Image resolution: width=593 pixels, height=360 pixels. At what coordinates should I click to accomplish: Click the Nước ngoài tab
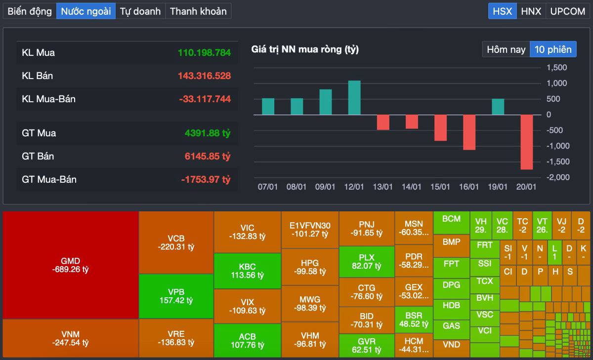coord(86,11)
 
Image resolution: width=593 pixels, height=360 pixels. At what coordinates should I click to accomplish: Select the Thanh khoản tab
coord(198,11)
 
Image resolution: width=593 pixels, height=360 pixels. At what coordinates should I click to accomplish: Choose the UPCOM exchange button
coord(567,11)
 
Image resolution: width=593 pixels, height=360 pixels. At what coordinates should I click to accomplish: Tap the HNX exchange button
coord(531,11)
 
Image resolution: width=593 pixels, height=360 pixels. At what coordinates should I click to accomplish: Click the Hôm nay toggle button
coord(506,49)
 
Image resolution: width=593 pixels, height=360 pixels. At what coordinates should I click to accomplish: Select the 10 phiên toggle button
coord(553,49)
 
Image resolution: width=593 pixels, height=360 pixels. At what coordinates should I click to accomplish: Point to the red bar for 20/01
coord(526,142)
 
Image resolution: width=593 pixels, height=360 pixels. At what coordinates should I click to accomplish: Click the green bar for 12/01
coord(354,98)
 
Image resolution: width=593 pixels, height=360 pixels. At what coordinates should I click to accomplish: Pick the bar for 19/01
coord(498,107)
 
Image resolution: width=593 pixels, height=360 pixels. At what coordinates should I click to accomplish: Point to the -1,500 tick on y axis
coord(557,161)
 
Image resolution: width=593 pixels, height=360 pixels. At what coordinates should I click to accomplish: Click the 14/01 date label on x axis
coord(412,187)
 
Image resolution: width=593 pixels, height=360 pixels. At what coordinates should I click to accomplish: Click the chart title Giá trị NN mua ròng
coord(305,49)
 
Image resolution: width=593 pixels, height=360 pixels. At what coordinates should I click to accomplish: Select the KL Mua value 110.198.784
coord(204,52)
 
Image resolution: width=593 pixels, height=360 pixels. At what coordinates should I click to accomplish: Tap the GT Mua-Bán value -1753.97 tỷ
coord(206,179)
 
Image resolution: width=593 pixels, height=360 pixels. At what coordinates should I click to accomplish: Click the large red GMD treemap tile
coord(71,265)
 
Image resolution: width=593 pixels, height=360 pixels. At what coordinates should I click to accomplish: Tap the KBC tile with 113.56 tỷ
coord(247,271)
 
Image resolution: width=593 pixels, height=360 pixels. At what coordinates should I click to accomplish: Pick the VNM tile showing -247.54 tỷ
coord(71,338)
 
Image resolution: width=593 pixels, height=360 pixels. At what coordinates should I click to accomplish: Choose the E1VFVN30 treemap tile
coord(310,230)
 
